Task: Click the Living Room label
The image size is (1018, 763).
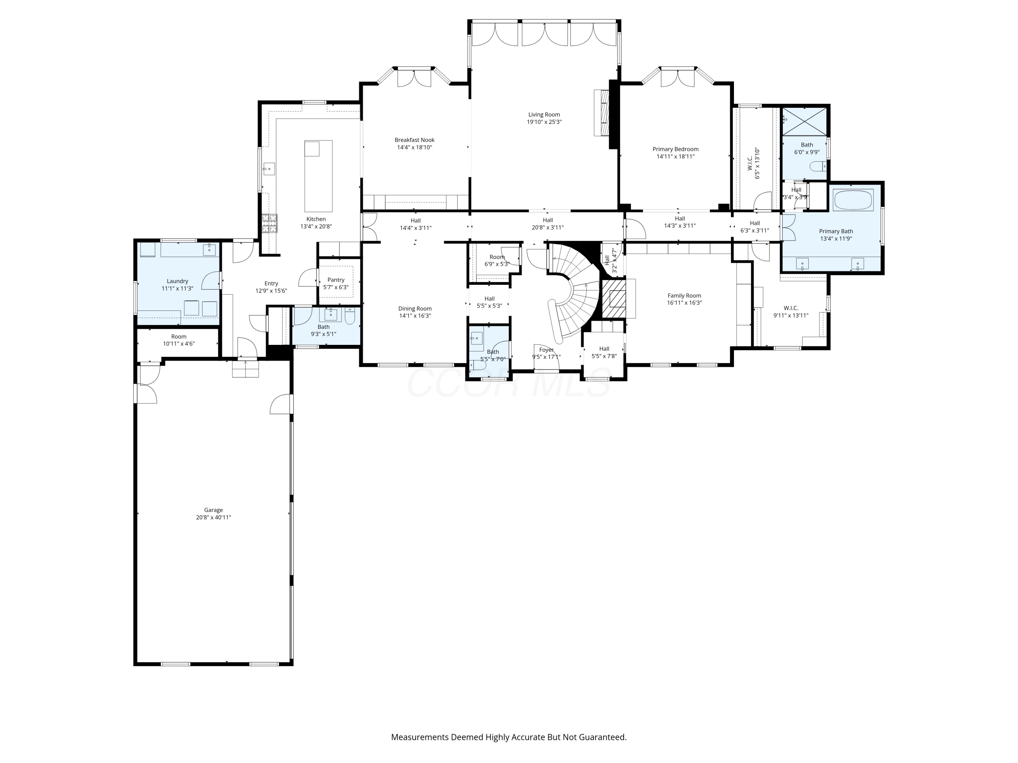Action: (544, 115)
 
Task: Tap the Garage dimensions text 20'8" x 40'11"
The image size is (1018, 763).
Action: (213, 517)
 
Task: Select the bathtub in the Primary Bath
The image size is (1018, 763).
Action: (853, 200)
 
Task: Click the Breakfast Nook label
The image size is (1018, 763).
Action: (414, 140)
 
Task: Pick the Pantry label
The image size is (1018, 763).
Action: (336, 280)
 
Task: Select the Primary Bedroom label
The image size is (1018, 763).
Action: (675, 149)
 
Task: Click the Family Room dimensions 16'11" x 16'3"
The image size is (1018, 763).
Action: (684, 302)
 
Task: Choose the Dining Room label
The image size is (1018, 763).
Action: (415, 309)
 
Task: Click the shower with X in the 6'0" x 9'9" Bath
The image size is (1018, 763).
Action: (805, 121)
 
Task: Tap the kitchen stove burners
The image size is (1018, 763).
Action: (270, 223)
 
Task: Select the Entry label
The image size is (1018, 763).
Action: (271, 283)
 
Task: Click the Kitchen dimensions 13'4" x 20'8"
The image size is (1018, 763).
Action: (316, 226)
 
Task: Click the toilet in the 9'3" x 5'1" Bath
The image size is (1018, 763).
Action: (350, 315)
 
